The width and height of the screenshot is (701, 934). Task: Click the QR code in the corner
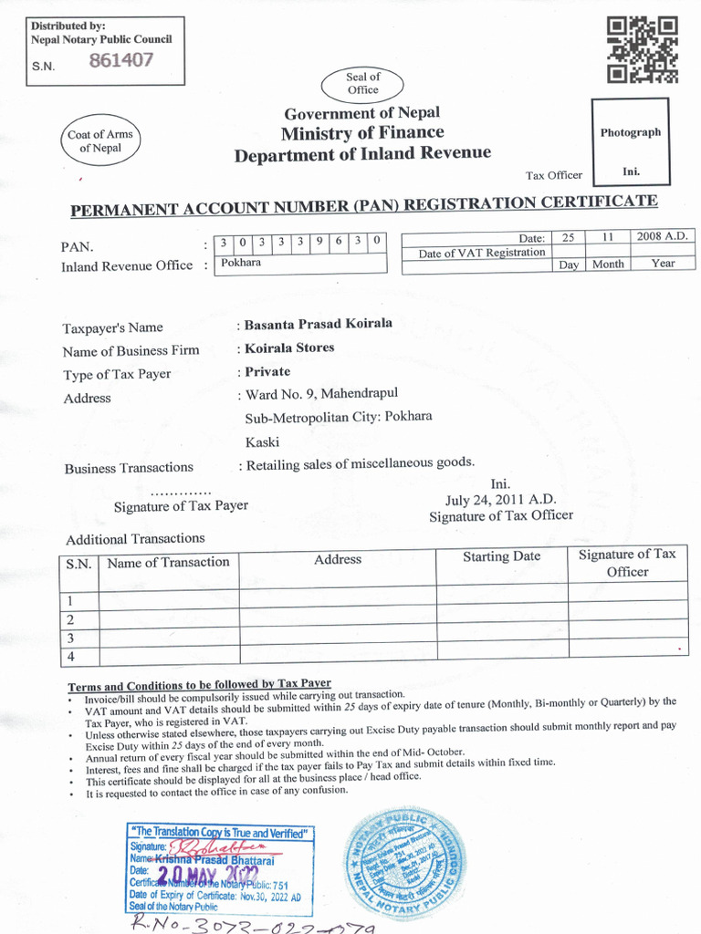643,49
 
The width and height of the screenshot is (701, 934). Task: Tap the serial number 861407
120,61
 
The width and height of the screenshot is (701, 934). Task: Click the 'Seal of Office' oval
362,84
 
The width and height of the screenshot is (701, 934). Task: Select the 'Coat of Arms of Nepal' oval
99,141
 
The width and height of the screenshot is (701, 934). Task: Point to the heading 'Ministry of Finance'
361,133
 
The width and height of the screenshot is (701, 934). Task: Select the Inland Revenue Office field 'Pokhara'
240,263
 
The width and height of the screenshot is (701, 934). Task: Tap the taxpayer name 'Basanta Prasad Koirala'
318,324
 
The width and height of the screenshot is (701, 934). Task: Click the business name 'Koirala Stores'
289,348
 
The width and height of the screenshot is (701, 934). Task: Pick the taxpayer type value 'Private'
267,372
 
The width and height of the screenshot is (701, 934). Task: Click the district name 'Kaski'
263,442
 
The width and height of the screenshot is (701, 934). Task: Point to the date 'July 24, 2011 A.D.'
500,500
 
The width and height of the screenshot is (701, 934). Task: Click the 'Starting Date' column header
501,556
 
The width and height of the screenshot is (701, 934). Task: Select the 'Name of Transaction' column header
168,563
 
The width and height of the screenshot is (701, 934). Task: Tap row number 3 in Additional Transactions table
70,638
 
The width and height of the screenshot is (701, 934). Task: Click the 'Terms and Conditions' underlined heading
199,685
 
